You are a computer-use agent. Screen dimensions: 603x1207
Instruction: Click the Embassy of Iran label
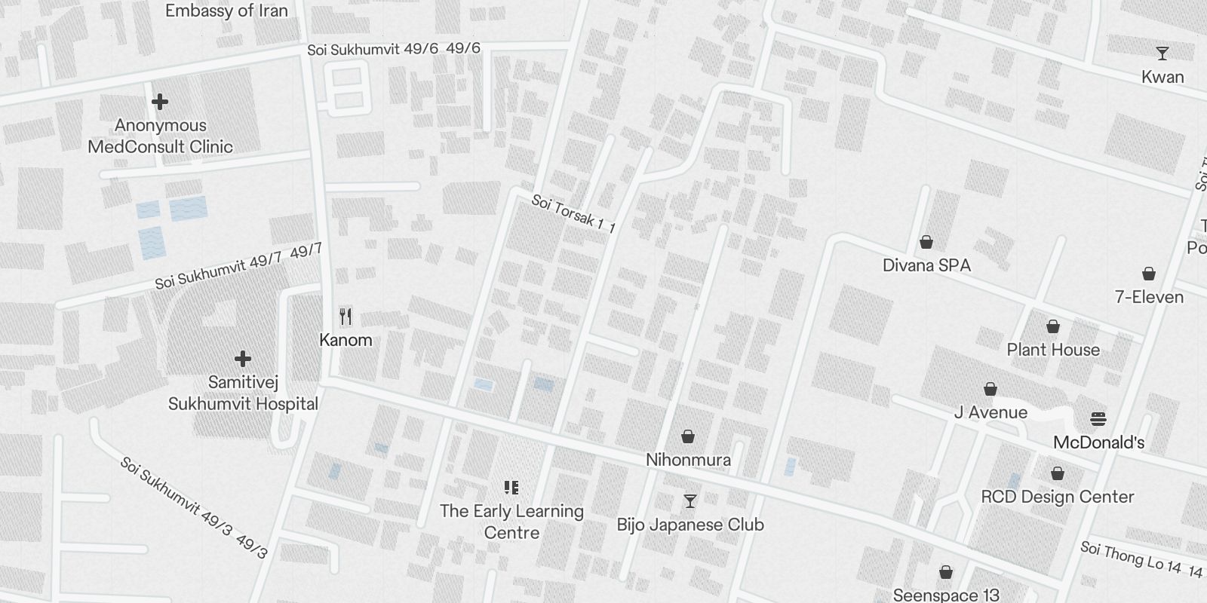pyautogui.click(x=226, y=11)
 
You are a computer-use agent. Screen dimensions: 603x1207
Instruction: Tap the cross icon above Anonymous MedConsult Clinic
pyautogui.click(x=160, y=102)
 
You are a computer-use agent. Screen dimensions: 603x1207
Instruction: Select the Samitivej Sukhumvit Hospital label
pyautogui.click(x=243, y=393)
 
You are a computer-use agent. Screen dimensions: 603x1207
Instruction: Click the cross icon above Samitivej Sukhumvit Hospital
pyautogui.click(x=242, y=358)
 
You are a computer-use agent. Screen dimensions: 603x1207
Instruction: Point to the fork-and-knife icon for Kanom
pyautogui.click(x=346, y=316)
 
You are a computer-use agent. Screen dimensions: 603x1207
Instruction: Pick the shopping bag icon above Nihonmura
pyautogui.click(x=688, y=436)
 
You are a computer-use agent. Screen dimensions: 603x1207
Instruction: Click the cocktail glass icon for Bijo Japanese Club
pyautogui.click(x=689, y=500)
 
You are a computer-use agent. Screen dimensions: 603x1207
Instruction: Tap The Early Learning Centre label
pyautogui.click(x=511, y=522)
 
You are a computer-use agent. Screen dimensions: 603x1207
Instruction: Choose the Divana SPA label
pyautogui.click(x=926, y=265)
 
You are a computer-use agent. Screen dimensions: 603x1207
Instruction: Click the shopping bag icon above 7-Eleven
pyautogui.click(x=1148, y=273)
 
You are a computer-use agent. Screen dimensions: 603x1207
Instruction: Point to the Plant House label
pyautogui.click(x=1053, y=350)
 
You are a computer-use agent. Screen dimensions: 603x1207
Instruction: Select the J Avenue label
pyautogui.click(x=990, y=412)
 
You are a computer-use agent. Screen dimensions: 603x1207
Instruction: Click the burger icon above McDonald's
pyautogui.click(x=1098, y=419)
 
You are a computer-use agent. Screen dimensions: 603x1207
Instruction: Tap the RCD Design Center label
pyautogui.click(x=1058, y=497)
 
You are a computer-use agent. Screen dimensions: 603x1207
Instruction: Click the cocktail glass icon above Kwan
pyautogui.click(x=1162, y=54)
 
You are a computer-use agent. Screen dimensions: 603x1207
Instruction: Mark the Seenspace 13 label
pyautogui.click(x=946, y=595)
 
